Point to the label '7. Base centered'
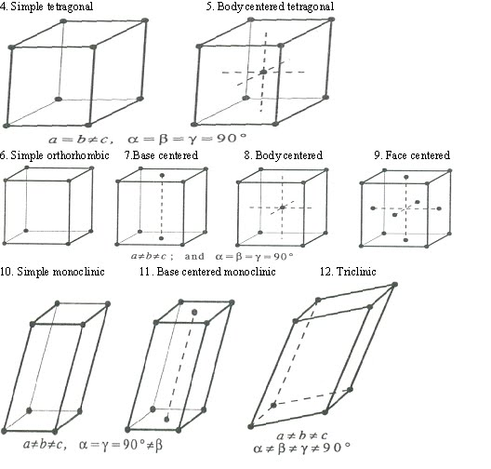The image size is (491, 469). coord(162,155)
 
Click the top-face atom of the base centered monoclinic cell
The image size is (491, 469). coord(193,311)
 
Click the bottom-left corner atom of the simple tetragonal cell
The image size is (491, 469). coord(7,124)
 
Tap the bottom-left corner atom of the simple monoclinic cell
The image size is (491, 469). coord(8,430)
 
